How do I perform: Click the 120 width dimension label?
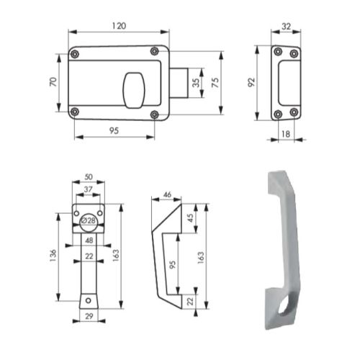coord(119,26)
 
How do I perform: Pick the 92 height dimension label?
coord(253,83)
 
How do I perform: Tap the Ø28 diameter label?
coord(89,220)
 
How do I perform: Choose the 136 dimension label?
coord(53,256)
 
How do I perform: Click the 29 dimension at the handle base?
coord(88,316)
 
